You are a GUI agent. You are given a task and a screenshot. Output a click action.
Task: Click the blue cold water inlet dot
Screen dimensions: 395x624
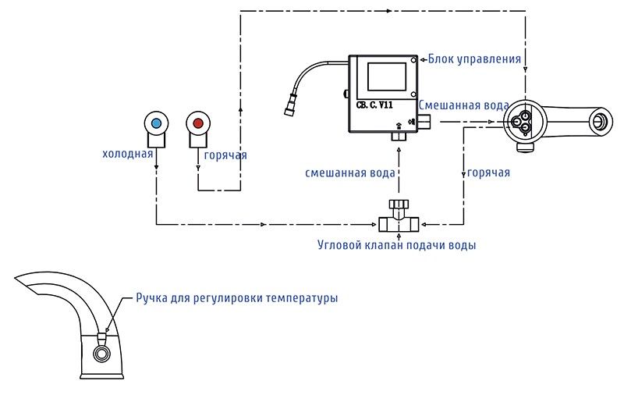pyautogui.click(x=157, y=123)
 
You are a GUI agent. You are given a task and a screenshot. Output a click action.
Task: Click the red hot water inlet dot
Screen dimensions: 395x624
pyautogui.click(x=198, y=123)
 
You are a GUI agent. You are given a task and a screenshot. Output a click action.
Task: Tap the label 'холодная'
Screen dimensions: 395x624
pyautogui.click(x=127, y=155)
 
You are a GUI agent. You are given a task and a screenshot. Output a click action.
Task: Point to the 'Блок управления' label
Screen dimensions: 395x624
pyautogui.click(x=474, y=59)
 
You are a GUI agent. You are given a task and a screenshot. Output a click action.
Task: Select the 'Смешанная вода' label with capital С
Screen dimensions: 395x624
pyautogui.click(x=464, y=105)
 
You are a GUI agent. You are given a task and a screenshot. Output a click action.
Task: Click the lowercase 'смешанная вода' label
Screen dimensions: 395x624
pyautogui.click(x=350, y=173)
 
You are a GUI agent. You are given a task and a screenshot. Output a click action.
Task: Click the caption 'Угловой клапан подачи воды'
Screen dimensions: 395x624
pyautogui.click(x=397, y=245)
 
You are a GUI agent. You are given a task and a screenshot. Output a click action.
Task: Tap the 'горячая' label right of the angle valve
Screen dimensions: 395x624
pyautogui.click(x=488, y=173)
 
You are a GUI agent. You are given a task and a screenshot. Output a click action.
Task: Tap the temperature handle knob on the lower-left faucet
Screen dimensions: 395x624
pyautogui.click(x=101, y=337)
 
